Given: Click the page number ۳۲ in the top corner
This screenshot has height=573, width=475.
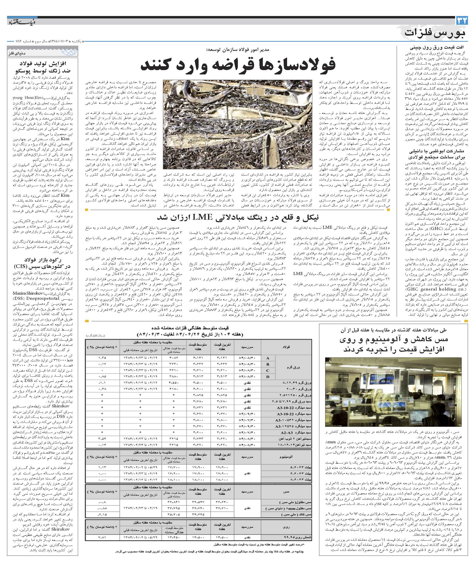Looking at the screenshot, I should (x=462, y=20).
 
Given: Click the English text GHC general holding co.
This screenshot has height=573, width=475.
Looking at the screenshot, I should (x=427, y=289).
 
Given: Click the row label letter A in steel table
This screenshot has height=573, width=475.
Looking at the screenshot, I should (x=268, y=358).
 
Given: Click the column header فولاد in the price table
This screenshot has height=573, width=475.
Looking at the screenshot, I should (x=286, y=347).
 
